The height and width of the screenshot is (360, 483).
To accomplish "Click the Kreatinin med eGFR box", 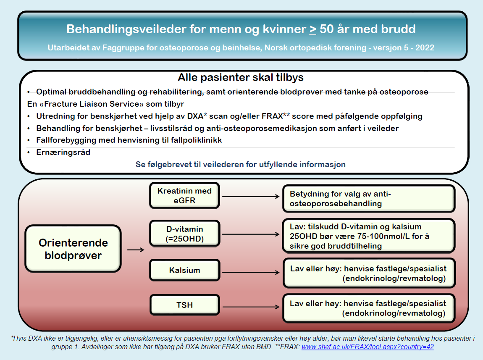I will (184, 196).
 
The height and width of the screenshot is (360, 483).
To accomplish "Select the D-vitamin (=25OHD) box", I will (184, 234).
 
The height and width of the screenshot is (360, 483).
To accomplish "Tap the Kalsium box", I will (184, 270).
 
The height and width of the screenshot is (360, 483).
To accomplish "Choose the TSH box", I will (184, 305).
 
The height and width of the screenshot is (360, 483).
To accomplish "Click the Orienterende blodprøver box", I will (73, 249).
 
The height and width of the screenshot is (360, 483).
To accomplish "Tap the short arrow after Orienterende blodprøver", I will (135, 250).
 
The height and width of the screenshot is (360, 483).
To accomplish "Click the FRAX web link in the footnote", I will (367, 347).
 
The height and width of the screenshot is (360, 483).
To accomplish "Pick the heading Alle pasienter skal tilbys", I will (241, 78).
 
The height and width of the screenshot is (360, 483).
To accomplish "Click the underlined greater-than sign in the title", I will (313, 29).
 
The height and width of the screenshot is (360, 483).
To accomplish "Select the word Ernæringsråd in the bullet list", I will (63, 152).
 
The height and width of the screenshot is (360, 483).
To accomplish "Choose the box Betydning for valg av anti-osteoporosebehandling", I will (368, 198).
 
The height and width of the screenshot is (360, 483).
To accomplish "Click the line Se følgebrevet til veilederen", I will (240, 164).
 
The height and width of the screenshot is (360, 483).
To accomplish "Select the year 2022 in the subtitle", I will (425, 48).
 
